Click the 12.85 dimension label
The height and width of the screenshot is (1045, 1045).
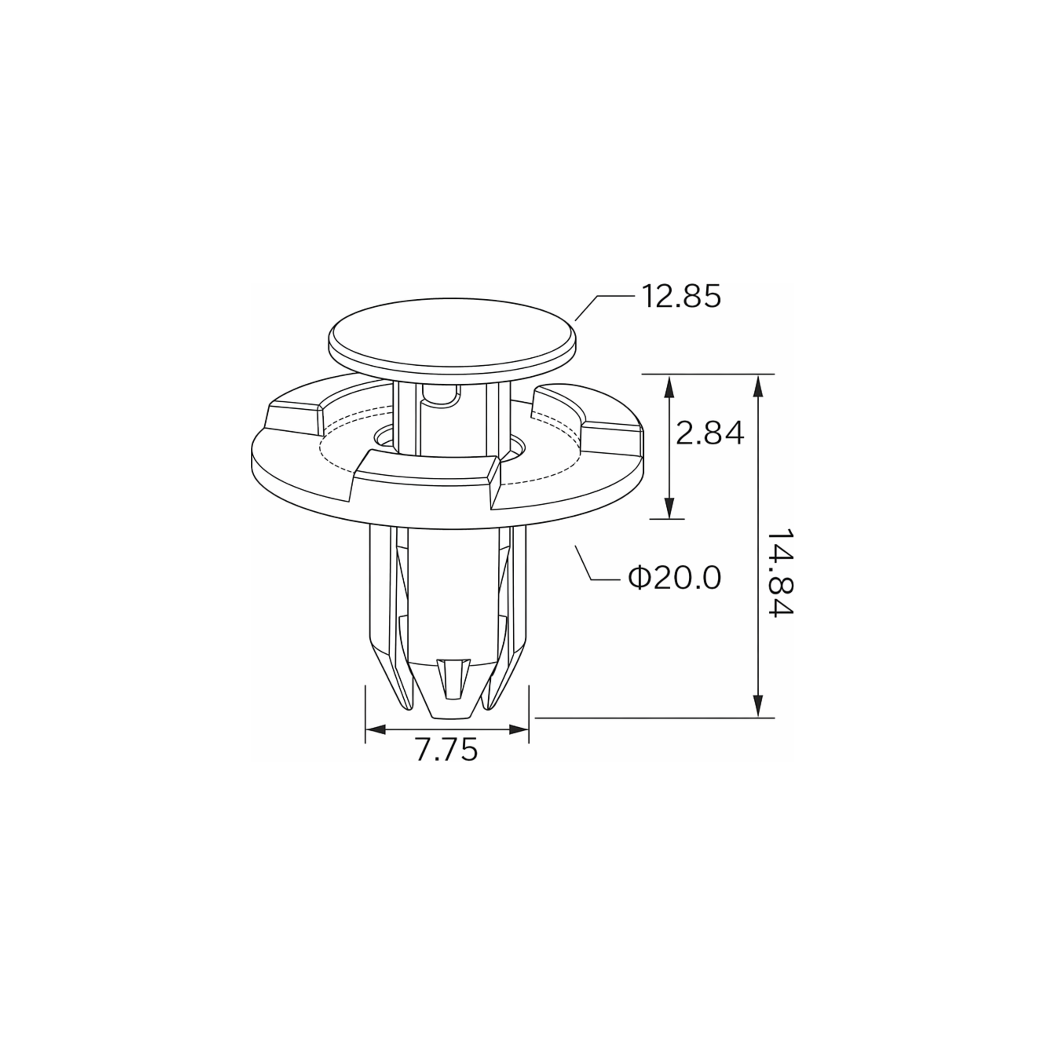[x=681, y=296]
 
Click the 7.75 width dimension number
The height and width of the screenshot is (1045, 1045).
[x=447, y=750]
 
